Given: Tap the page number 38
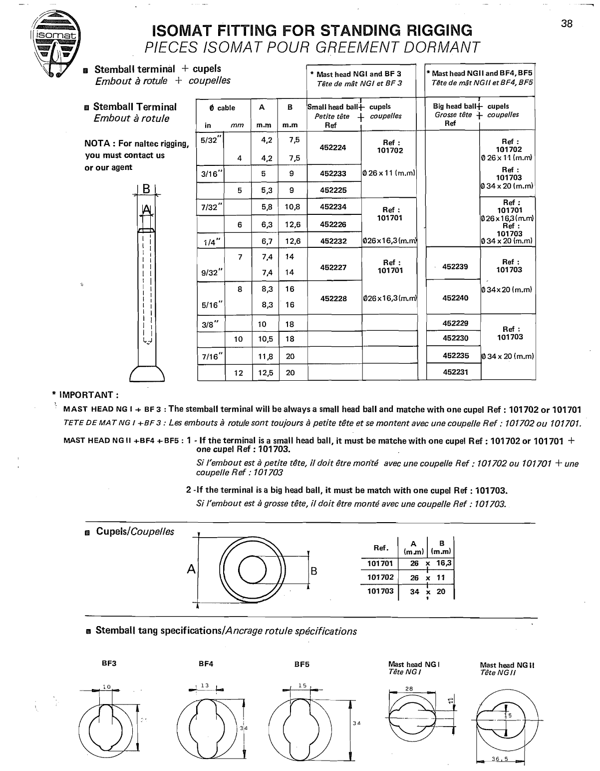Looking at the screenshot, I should [567, 23].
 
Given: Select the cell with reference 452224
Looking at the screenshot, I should [333, 147].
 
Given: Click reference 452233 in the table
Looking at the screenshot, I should [333, 174].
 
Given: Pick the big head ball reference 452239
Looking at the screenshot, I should [455, 267].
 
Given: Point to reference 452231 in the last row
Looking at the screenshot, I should [455, 372].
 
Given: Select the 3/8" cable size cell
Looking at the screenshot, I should [211, 324].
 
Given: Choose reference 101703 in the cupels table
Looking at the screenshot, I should [380, 591].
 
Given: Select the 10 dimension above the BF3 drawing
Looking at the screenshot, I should [106, 687].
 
